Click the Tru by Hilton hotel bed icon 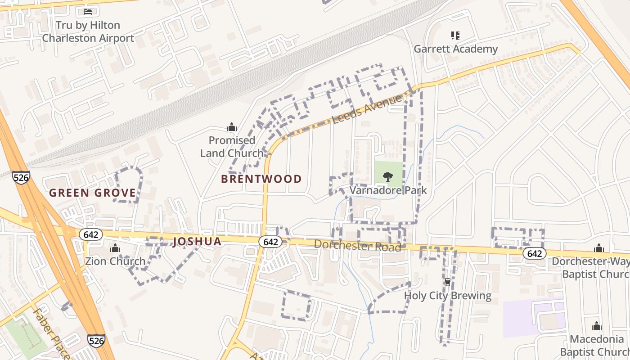pos(88,11)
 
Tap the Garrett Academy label pos(455,49)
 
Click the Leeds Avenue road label pos(366,109)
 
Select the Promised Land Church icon pos(232,127)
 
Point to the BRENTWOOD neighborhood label pos(261,179)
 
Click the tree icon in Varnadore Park pos(388,176)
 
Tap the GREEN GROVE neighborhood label pos(92,193)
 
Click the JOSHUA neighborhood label pos(197,242)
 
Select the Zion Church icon pos(115,248)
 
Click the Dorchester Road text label pos(357,246)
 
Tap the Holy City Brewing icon pos(447,282)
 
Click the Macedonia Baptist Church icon pos(597,325)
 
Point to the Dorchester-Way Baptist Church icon pos(598,248)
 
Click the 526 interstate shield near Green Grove pos(21,177)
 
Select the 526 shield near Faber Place pos(96,341)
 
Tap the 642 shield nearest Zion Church pos(91,234)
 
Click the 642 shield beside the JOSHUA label pos(270,242)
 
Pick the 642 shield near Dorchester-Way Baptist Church pos(534,254)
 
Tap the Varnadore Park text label pos(388,190)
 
